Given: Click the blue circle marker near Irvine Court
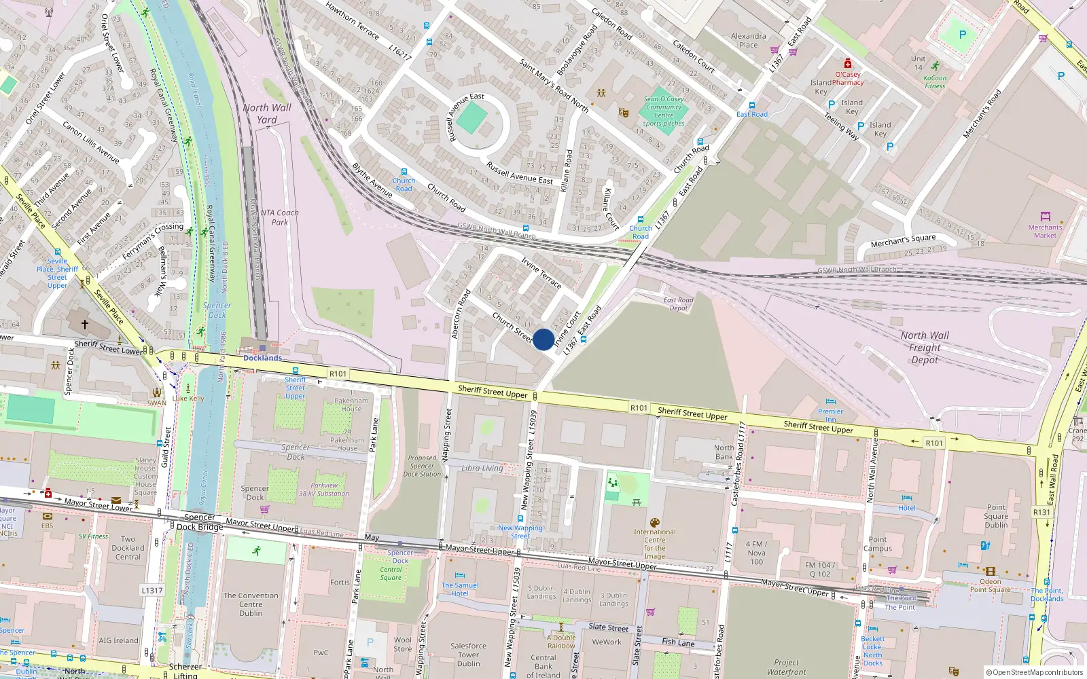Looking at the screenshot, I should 543,339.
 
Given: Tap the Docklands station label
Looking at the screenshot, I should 262,358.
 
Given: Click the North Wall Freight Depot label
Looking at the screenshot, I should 925,348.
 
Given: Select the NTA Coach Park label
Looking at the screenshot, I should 279,217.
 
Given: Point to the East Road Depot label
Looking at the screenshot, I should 678,304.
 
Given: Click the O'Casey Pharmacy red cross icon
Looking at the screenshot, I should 847,63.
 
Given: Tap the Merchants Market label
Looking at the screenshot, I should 1045,232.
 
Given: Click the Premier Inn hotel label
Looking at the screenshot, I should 830,415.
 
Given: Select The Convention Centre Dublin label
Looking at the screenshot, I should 251,604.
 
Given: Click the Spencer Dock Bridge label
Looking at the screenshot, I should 200,521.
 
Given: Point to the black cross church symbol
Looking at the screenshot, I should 85,325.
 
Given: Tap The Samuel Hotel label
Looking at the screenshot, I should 460,589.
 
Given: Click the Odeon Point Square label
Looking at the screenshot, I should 990,585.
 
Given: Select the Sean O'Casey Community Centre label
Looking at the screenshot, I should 664,111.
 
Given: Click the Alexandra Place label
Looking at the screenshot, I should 748,41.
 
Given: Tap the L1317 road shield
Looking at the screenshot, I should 152,590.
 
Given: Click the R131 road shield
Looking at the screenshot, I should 1041,512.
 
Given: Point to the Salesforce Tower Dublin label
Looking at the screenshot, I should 468,655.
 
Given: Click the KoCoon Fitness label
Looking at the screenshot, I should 935,81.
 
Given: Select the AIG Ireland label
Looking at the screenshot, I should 118,640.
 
